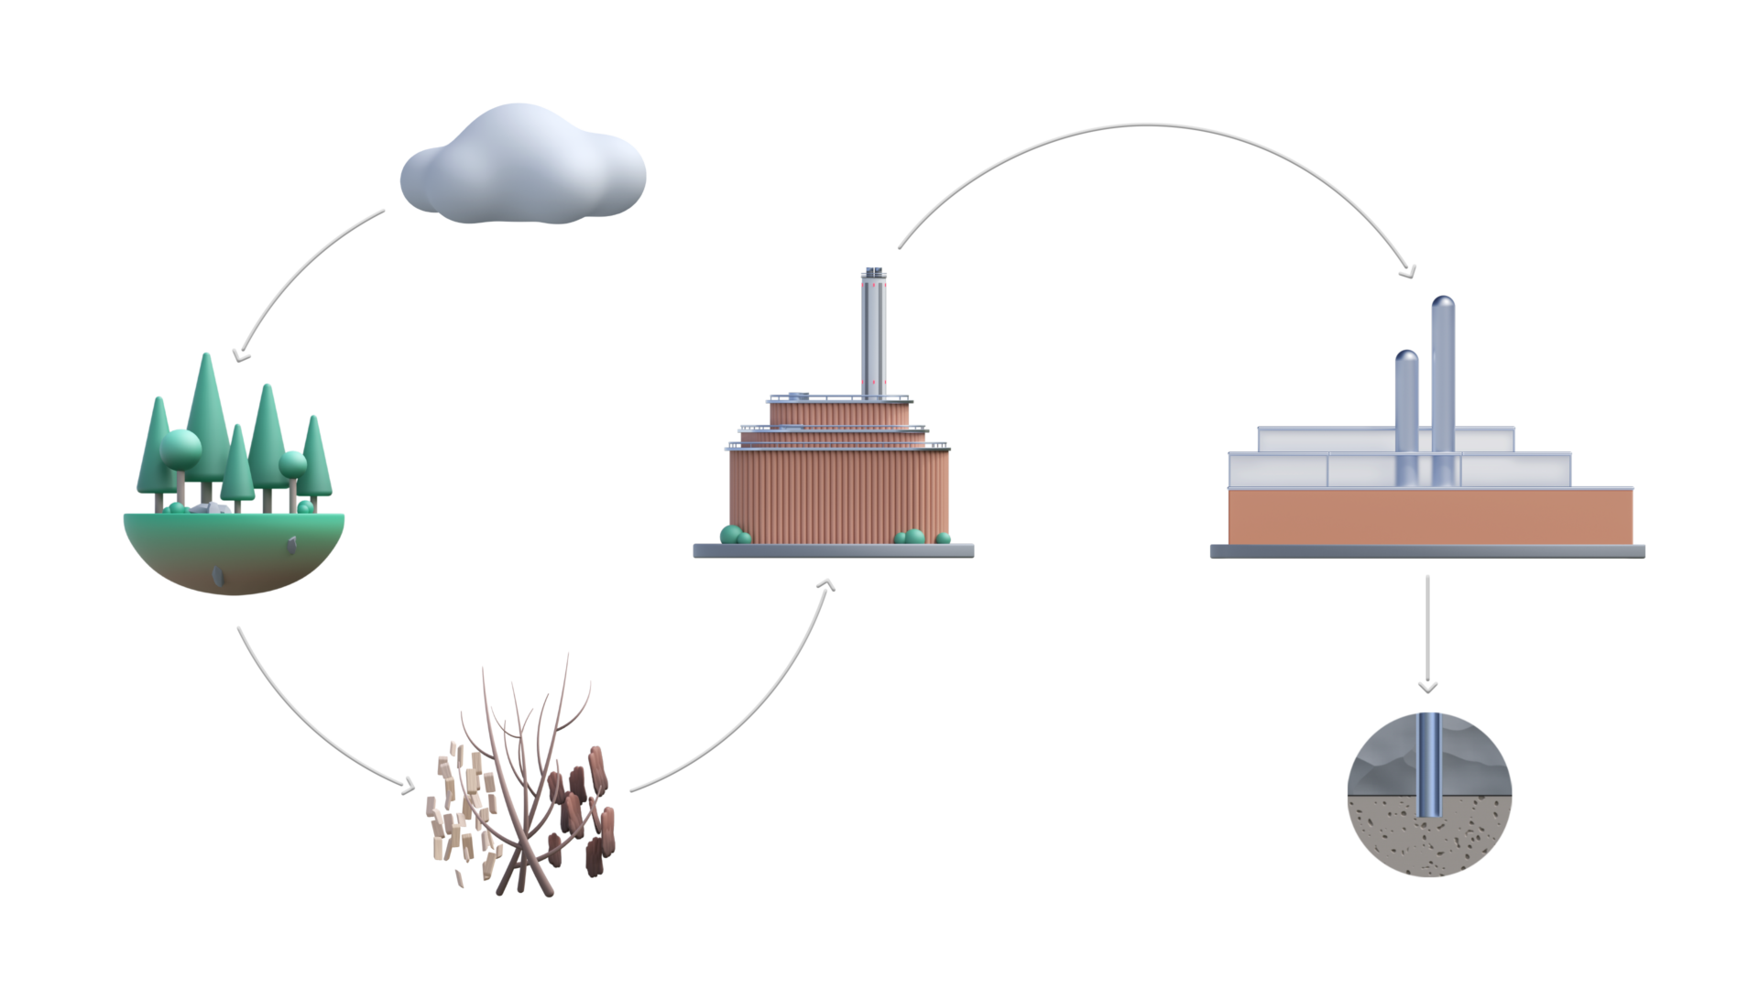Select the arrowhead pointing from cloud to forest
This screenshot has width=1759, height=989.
click(240, 355)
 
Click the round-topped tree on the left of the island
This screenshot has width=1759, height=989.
click(180, 447)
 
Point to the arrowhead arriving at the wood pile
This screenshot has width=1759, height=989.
click(408, 786)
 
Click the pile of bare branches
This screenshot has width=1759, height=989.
click(527, 778)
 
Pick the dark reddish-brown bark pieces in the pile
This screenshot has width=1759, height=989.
click(586, 806)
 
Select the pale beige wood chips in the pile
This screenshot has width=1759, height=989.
click(458, 806)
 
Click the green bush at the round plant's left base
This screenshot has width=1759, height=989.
click(732, 535)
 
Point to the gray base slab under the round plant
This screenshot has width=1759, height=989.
click(833, 550)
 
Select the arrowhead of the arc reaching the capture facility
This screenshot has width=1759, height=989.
click(1408, 271)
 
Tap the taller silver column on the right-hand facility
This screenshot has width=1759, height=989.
click(1443, 385)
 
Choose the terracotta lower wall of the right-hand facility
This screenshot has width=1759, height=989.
click(1429, 517)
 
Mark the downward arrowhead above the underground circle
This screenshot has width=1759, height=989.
click(1426, 687)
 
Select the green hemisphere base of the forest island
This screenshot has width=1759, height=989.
click(234, 554)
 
